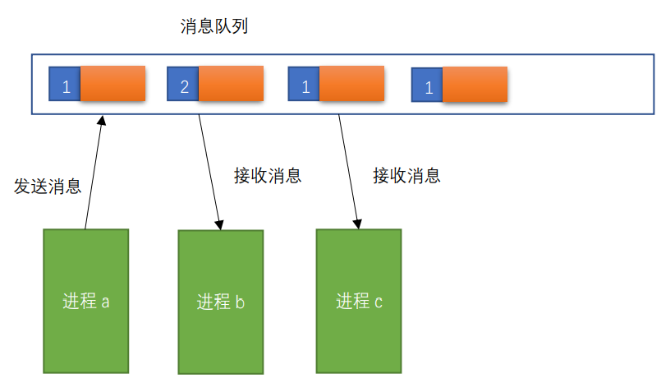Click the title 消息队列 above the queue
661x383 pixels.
click(x=214, y=27)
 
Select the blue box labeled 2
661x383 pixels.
click(x=183, y=85)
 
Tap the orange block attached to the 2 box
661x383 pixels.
click(x=231, y=84)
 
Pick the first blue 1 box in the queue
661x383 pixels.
click(x=65, y=85)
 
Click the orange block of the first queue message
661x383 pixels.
click(x=112, y=84)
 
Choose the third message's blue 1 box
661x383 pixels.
click(x=304, y=85)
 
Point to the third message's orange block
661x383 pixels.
click(x=351, y=84)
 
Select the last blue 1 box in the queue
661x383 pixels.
click(x=427, y=85)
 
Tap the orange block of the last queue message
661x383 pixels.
click(x=475, y=85)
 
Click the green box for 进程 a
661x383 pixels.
click(x=86, y=301)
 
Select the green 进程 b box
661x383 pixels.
click(x=221, y=302)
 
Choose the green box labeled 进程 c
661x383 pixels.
click(x=359, y=301)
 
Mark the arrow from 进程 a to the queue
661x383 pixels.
click(x=94, y=173)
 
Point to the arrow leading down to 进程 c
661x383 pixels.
click(x=349, y=171)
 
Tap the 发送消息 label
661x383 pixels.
click(x=48, y=187)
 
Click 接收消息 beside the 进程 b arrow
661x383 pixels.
click(x=268, y=175)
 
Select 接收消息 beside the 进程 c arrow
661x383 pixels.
click(x=406, y=175)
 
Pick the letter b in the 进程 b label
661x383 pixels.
click(x=240, y=302)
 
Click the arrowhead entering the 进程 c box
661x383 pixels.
click(x=358, y=223)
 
